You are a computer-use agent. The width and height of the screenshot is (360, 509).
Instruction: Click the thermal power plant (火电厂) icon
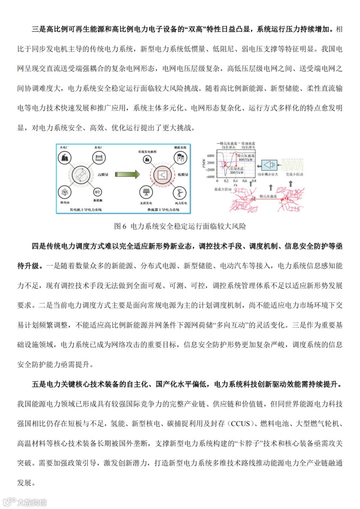pyautogui.click(x=65, y=157)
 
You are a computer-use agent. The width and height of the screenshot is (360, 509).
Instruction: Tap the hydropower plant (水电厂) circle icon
pyautogui.click(x=99, y=157)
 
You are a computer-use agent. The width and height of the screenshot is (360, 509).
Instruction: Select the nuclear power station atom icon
pyautogui.click(x=64, y=192)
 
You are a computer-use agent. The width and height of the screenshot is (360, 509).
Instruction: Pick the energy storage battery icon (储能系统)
pyautogui.click(x=180, y=158)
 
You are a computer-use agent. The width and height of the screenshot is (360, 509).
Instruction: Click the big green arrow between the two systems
pyautogui.click(x=127, y=174)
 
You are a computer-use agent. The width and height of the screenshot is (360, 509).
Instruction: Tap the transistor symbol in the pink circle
pyautogui.click(x=162, y=175)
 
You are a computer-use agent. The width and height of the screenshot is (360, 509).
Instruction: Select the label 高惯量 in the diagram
pyautogui.click(x=103, y=175)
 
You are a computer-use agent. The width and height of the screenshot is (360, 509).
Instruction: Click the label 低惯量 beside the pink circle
pyautogui.click(x=183, y=175)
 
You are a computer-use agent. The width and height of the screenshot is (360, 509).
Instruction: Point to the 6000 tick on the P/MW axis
pyautogui.click(x=211, y=156)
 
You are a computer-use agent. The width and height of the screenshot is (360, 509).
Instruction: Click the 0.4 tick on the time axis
pyautogui.click(x=235, y=181)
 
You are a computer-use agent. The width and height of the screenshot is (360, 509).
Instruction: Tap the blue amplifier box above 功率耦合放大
pyautogui.click(x=269, y=165)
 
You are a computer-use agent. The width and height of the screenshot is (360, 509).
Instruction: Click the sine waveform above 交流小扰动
pyautogui.click(x=292, y=165)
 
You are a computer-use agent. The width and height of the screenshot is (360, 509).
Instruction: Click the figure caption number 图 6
pyautogui.click(x=120, y=226)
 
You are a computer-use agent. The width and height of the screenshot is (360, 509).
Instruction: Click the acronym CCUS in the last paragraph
pyautogui.click(x=240, y=424)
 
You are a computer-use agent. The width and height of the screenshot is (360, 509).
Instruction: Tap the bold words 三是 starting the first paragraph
pyautogui.click(x=39, y=29)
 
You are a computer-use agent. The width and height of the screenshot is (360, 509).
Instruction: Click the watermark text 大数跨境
pyautogui.click(x=32, y=502)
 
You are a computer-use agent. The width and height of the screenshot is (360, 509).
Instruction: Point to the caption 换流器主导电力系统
pyautogui.click(x=163, y=210)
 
